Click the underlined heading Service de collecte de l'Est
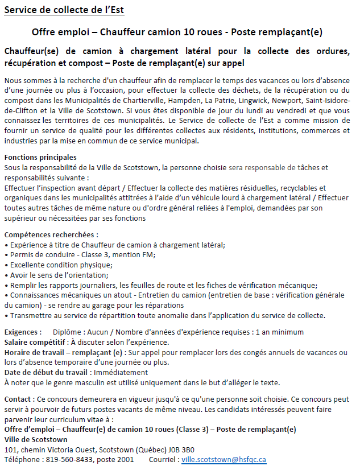(x=64, y=10)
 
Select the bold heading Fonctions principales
(x=40, y=157)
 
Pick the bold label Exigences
(x=22, y=332)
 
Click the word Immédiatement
(x=122, y=372)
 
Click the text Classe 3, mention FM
(x=117, y=254)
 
